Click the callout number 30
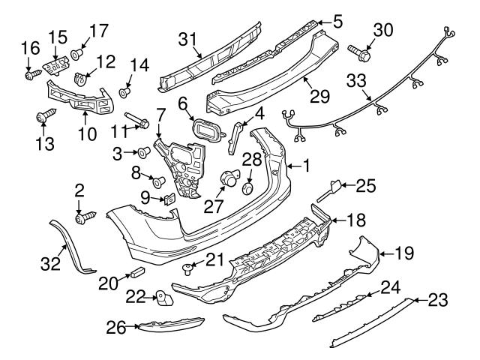coord(382,29)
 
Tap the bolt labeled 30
coord(358,51)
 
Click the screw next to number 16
coord(30,75)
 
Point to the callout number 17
coord(99,32)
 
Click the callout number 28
coord(252,160)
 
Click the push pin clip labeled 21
coord(187,266)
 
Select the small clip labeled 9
coord(170,199)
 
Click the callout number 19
coord(404,253)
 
